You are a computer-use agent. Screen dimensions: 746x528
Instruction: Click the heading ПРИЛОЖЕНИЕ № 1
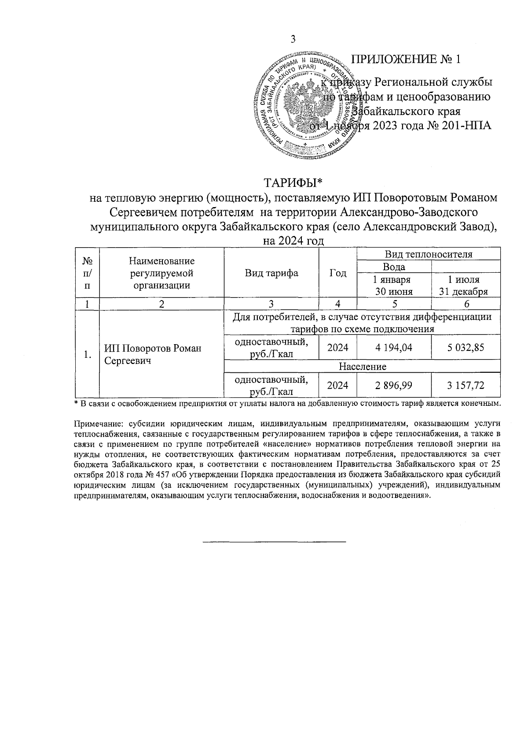point(406,59)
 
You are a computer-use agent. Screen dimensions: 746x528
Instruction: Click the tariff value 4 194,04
point(394,348)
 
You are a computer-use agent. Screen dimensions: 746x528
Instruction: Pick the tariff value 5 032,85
point(466,348)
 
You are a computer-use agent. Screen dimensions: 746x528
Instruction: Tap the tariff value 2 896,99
point(394,386)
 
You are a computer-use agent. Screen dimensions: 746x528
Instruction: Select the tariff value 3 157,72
point(466,386)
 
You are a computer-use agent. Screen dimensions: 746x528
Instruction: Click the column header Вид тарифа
point(271,273)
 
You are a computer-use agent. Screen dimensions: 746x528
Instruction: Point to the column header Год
point(338,273)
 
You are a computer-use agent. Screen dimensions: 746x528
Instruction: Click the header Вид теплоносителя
point(429,254)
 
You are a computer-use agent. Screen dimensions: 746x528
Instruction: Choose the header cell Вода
point(394,267)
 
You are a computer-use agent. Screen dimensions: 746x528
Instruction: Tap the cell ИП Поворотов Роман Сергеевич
point(153,354)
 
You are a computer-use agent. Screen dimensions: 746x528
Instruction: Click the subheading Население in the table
point(362,367)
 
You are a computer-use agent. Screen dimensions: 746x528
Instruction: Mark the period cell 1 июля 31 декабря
point(466,285)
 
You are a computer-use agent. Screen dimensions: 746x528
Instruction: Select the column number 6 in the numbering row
point(466,304)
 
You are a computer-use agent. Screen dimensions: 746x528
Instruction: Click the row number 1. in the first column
point(88,354)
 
